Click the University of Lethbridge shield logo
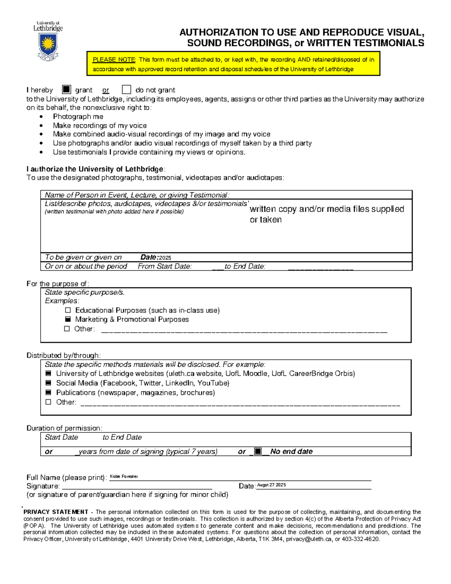pyautogui.click(x=48, y=45)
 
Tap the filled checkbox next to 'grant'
pyautogui.click(x=66, y=89)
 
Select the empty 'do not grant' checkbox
pyautogui.click(x=126, y=89)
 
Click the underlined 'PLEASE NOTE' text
pyautogui.click(x=114, y=59)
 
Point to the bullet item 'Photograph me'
pyautogui.click(x=78, y=117)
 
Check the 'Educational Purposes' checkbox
pyautogui.click(x=68, y=310)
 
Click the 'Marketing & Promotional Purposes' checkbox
pyautogui.click(x=68, y=319)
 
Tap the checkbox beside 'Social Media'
pyautogui.click(x=48, y=383)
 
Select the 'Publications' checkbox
pyautogui.click(x=48, y=392)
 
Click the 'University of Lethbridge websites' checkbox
pyautogui.click(x=48, y=373)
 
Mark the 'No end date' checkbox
pyautogui.click(x=258, y=451)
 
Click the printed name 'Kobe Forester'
pyautogui.click(x=124, y=476)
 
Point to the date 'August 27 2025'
pyautogui.click(x=271, y=485)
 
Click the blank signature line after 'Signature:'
pyautogui.click(x=137, y=486)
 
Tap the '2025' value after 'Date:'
pyautogui.click(x=165, y=258)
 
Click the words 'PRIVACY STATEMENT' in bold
pyautogui.click(x=56, y=512)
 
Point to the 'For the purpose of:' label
pyautogui.click(x=58, y=284)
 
